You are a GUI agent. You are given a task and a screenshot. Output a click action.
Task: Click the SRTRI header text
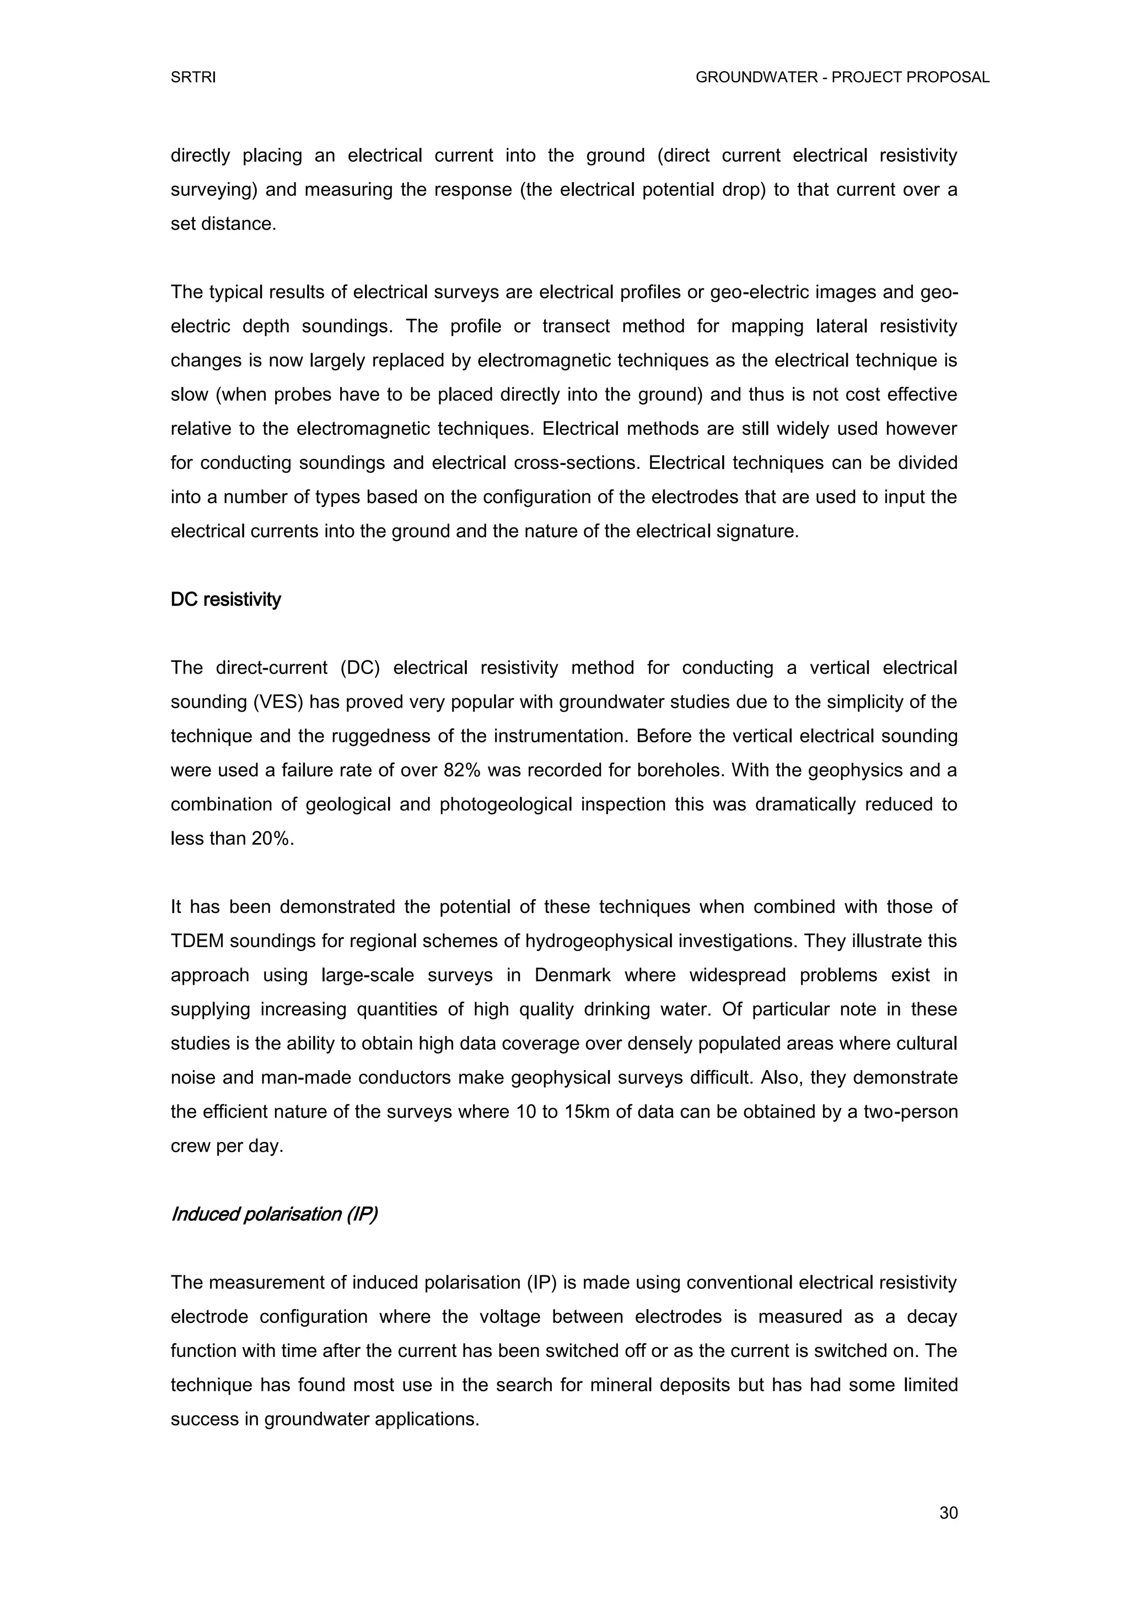coord(193,78)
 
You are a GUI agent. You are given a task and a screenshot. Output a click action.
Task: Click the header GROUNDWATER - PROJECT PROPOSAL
coord(842,78)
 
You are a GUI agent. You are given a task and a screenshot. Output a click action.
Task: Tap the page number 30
coord(948,1513)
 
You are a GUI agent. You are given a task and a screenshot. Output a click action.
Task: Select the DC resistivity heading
coord(225,600)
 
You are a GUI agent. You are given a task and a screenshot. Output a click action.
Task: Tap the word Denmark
coord(572,975)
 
